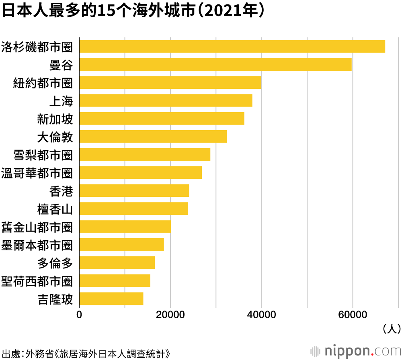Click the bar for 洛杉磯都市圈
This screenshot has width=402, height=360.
tap(232, 46)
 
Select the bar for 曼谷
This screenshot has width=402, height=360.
tap(215, 64)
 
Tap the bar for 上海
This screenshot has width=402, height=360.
tap(166, 100)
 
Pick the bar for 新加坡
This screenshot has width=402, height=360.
tap(162, 119)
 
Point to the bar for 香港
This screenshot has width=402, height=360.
tap(134, 190)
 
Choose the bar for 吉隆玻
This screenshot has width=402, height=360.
tap(111, 299)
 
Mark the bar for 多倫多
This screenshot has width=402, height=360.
tap(117, 263)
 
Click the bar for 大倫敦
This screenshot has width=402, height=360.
tap(153, 137)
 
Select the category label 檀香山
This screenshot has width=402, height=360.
tap(55, 209)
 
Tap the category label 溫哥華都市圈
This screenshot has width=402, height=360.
tap(37, 173)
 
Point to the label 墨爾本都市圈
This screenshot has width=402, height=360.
tap(37, 245)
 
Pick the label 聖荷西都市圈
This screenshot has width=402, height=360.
tap(37, 281)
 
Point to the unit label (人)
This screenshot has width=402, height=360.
tap(391, 329)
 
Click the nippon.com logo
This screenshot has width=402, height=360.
tap(357, 350)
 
